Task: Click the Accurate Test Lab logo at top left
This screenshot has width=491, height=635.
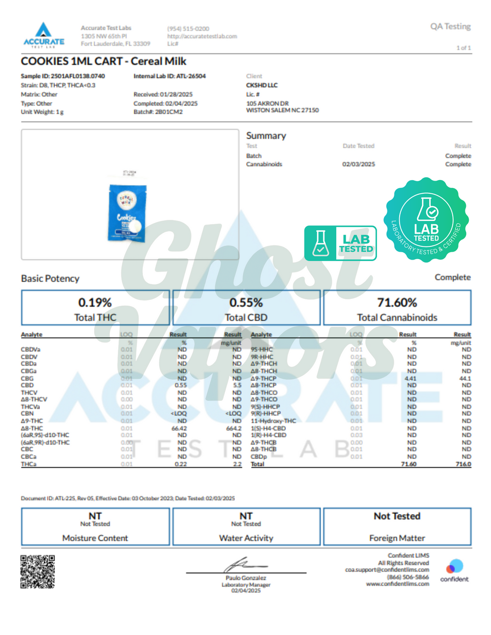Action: (x=44, y=35)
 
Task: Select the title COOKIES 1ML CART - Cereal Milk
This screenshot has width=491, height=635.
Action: (x=104, y=61)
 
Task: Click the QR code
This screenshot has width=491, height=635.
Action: (x=37, y=572)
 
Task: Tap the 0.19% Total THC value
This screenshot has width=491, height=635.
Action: (x=95, y=302)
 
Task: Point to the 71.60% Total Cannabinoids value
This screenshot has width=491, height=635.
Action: (x=397, y=302)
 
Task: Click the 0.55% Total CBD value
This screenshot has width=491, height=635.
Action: (x=246, y=302)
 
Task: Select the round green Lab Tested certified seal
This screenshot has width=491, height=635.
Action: (x=426, y=220)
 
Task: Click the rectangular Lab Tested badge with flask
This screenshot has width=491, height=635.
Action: (x=340, y=243)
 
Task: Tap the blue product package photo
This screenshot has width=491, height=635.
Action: (x=127, y=213)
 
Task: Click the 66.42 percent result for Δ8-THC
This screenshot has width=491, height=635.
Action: (x=179, y=428)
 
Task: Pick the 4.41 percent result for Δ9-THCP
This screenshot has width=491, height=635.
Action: (x=410, y=378)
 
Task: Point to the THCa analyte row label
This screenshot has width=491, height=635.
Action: (x=28, y=464)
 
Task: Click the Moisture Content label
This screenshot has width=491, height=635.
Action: (x=95, y=538)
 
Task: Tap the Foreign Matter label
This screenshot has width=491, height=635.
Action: (x=397, y=538)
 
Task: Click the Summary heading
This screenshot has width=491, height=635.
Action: (x=266, y=136)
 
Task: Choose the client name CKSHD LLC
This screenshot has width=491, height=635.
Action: (x=262, y=85)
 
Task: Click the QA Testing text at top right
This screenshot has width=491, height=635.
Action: (x=450, y=26)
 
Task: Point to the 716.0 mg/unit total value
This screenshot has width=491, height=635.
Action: (x=463, y=464)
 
